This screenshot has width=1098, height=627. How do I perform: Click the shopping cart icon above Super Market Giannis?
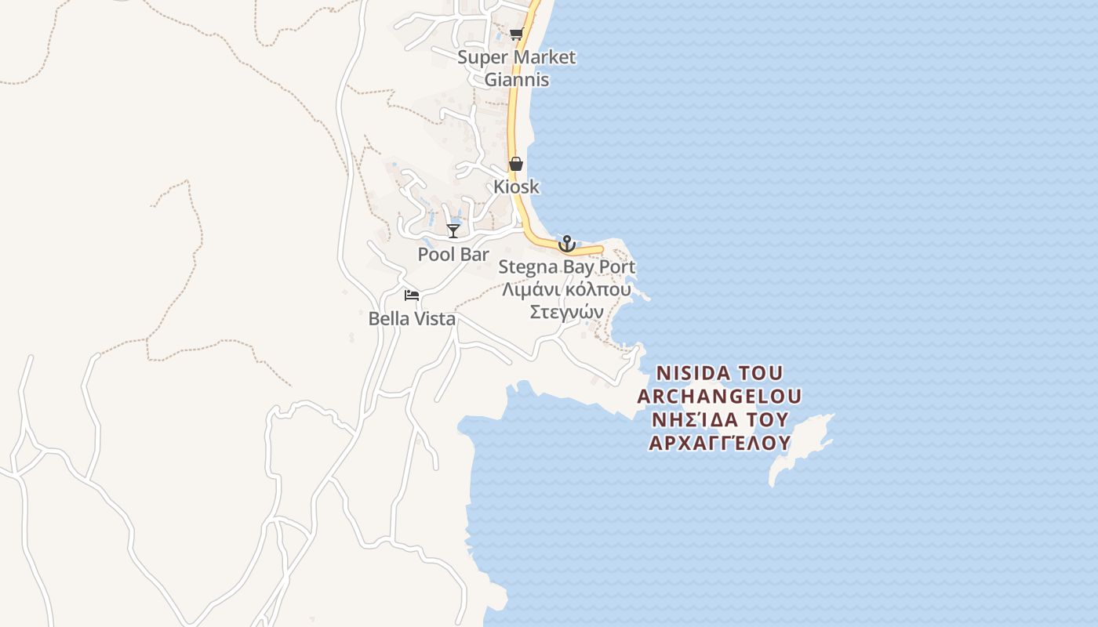(516, 34)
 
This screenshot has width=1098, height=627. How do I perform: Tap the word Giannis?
(516, 80)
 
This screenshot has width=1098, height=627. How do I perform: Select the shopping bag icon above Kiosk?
(516, 164)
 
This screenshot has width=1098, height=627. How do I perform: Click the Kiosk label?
(516, 187)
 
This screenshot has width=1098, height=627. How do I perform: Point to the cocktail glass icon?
(453, 230)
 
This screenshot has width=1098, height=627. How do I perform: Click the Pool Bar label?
(453, 255)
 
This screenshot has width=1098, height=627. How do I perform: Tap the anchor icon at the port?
(566, 244)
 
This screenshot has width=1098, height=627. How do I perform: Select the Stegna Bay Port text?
(566, 267)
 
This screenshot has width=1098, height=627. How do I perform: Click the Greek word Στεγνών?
(566, 312)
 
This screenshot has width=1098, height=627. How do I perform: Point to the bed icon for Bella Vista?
(412, 295)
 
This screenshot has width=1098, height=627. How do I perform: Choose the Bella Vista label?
(412, 319)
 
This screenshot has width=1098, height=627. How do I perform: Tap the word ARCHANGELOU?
(720, 396)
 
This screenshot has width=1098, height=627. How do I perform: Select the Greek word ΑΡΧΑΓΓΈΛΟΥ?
(720, 443)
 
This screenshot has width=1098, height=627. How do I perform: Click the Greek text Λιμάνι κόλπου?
(566, 289)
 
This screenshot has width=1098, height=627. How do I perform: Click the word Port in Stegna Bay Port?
(617, 267)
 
